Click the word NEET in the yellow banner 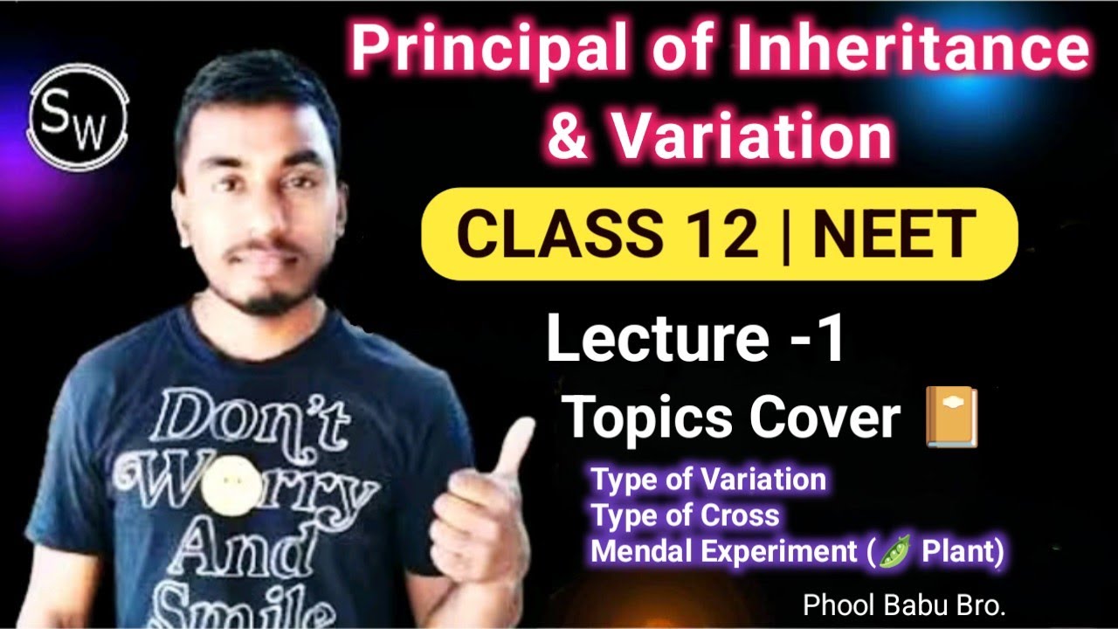click(894, 234)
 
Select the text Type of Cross click(685, 515)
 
